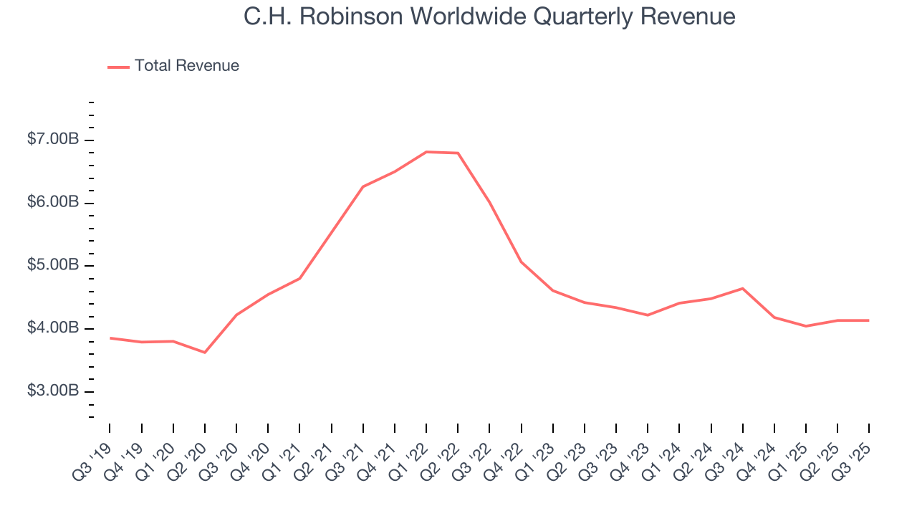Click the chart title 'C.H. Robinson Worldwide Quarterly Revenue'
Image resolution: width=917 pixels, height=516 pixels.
(x=489, y=16)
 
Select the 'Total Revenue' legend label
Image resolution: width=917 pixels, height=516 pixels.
(x=186, y=66)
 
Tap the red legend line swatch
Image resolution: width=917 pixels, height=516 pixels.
(x=118, y=67)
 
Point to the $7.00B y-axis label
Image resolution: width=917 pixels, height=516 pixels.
(x=53, y=140)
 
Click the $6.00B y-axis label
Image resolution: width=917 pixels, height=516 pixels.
(x=53, y=203)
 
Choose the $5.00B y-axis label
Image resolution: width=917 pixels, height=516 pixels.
(x=53, y=266)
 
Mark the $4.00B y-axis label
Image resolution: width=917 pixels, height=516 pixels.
(x=53, y=328)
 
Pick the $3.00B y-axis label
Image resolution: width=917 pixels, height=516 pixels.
(x=53, y=391)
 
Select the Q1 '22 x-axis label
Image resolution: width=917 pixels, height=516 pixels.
(x=411, y=453)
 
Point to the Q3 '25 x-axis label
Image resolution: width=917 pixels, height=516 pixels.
(x=853, y=453)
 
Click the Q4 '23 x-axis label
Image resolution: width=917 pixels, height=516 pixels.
(x=632, y=453)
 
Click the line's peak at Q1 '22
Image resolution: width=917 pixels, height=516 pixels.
(x=426, y=152)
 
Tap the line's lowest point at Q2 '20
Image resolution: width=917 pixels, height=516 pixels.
(x=205, y=353)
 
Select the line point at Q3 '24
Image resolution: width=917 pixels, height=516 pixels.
(x=743, y=288)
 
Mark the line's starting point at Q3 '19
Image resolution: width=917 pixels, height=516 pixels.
(x=110, y=338)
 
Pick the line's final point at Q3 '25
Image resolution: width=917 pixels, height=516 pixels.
(x=869, y=320)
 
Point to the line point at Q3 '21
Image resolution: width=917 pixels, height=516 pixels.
(x=363, y=186)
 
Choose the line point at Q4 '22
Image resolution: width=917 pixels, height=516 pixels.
(x=521, y=262)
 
